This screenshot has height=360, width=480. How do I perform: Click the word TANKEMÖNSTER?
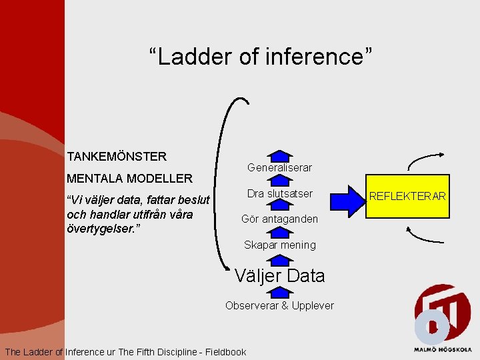click(x=117, y=157)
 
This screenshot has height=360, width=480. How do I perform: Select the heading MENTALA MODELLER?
click(x=129, y=178)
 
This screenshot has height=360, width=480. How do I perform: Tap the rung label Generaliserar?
click(x=279, y=167)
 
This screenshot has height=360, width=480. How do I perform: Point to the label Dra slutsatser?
click(x=279, y=193)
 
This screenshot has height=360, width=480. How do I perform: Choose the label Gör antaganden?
click(x=279, y=219)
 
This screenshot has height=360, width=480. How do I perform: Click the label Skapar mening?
click(x=279, y=245)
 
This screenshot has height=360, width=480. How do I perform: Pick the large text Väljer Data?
click(x=279, y=275)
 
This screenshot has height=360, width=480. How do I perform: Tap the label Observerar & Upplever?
click(x=279, y=305)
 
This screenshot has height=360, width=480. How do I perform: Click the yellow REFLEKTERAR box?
click(x=408, y=197)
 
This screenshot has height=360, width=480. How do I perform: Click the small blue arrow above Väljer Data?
click(x=280, y=259)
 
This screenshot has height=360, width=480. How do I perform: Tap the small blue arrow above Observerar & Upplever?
click(x=280, y=293)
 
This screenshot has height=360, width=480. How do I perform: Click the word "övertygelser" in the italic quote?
click(x=99, y=229)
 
